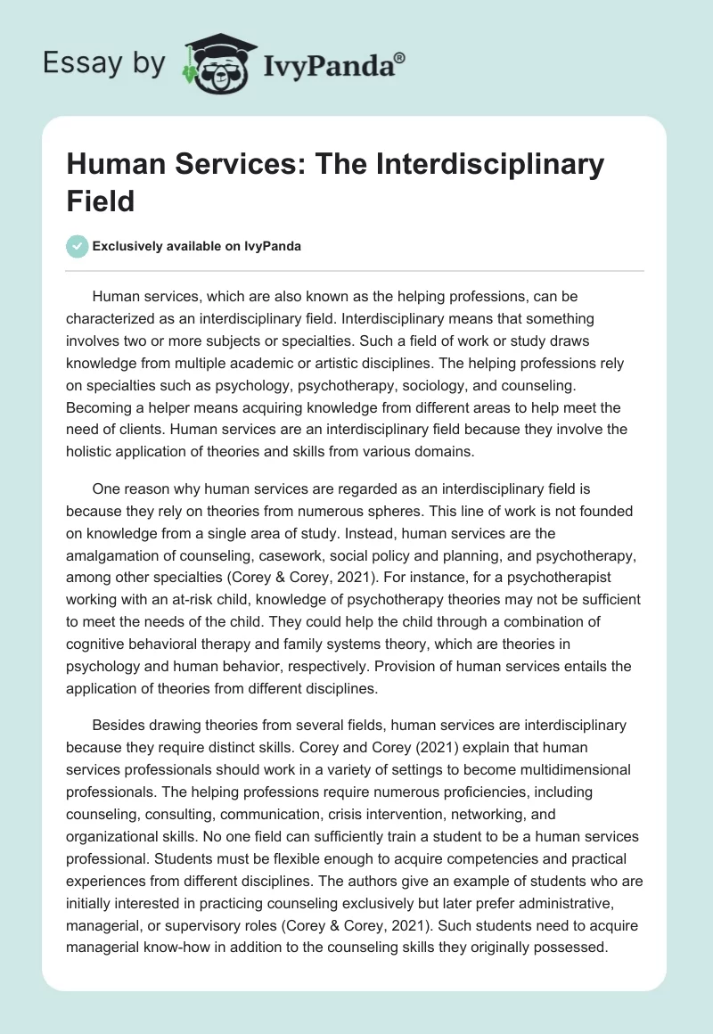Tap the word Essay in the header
coord(72,62)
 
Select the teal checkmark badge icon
coord(78,247)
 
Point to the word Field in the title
coord(101,201)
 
